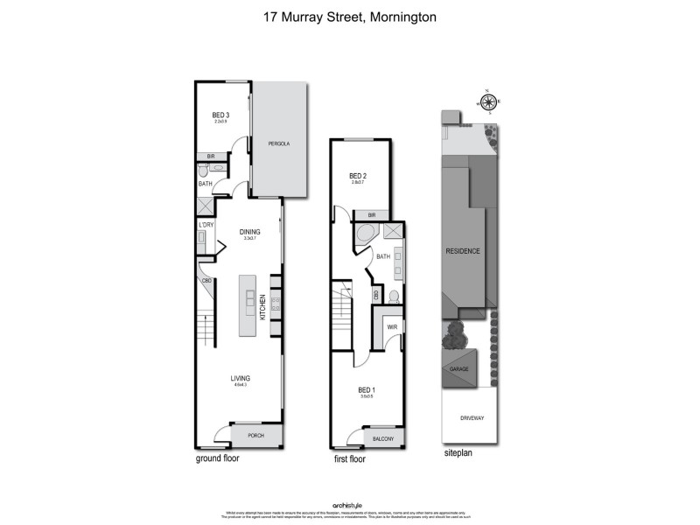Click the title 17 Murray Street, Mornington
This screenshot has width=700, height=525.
pyautogui.click(x=349, y=16)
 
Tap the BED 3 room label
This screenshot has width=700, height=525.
pyautogui.click(x=221, y=115)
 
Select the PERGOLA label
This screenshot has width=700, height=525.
pyautogui.click(x=279, y=143)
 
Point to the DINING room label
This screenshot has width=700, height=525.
pyautogui.click(x=250, y=232)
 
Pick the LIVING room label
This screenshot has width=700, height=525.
pyautogui.click(x=241, y=378)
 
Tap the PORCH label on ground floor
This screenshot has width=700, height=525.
pyautogui.click(x=255, y=435)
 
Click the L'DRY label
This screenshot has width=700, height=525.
pyautogui.click(x=206, y=225)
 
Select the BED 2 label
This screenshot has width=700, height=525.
pyautogui.click(x=357, y=175)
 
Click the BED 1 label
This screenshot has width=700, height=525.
pyautogui.click(x=367, y=390)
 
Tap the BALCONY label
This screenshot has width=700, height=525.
pyautogui.click(x=382, y=438)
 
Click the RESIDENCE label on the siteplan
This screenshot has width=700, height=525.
pyautogui.click(x=463, y=251)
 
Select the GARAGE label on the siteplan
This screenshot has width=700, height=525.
pyautogui.click(x=459, y=369)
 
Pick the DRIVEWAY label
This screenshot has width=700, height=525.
pyautogui.click(x=472, y=418)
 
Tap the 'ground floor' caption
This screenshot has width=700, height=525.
pyautogui.click(x=217, y=458)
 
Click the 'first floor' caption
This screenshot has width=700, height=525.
pyautogui.click(x=350, y=458)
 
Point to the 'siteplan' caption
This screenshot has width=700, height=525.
pyautogui.click(x=458, y=455)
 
